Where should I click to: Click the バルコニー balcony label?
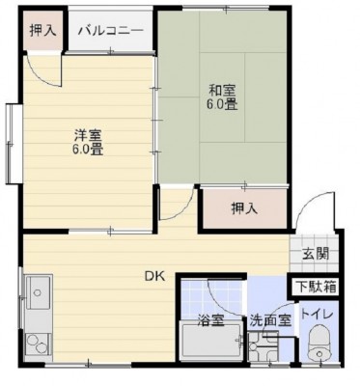(x=111, y=31)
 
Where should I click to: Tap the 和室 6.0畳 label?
(x=223, y=97)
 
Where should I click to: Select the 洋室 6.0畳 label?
(x=89, y=142)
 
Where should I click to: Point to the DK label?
(x=154, y=276)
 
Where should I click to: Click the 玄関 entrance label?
(x=316, y=254)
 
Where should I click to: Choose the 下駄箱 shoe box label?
(x=317, y=287)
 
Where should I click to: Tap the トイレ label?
(x=317, y=315)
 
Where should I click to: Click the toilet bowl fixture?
(x=318, y=345)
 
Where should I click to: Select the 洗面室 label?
(x=270, y=320)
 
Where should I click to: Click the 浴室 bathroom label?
(x=210, y=320)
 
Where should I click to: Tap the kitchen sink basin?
(x=39, y=292)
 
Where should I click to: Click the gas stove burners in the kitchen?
(x=37, y=345)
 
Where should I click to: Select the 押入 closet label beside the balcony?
(x=43, y=31)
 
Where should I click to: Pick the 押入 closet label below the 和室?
(x=245, y=209)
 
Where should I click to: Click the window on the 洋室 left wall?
(x=12, y=144)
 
